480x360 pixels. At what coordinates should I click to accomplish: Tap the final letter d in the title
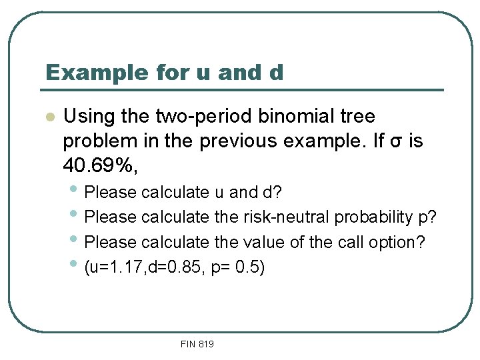(x=276, y=72)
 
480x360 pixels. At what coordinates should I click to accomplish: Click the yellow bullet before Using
(x=48, y=117)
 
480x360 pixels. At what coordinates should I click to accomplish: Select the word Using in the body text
(x=89, y=117)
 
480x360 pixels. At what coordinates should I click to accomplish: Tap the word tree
(x=357, y=117)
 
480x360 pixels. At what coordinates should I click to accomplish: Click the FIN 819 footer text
(x=197, y=344)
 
